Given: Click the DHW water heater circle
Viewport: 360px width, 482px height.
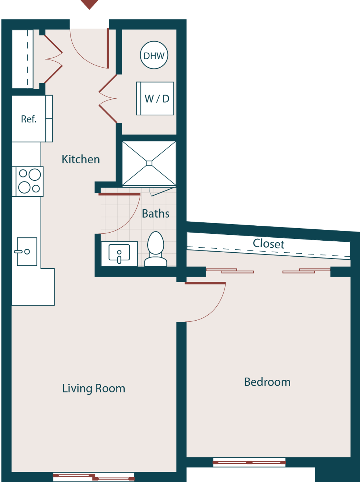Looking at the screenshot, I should tap(154, 55).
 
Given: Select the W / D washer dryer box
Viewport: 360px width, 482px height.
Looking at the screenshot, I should tap(155, 99).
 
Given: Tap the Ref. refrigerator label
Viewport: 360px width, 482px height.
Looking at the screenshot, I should tap(29, 119).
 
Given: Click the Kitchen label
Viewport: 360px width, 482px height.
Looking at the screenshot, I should tap(80, 160).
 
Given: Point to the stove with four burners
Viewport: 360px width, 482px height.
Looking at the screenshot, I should tap(29, 181).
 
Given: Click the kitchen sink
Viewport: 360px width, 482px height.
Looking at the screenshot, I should tap(27, 252).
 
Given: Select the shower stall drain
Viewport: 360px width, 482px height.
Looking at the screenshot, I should tap(149, 163).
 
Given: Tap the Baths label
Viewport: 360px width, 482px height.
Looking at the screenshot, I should tap(155, 214).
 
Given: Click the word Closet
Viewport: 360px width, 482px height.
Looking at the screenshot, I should tap(268, 244).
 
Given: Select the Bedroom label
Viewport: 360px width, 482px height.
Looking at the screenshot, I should tap(267, 382).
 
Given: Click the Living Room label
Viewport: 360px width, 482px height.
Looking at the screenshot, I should tap(94, 388).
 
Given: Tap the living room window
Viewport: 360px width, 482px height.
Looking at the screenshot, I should tap(94, 477).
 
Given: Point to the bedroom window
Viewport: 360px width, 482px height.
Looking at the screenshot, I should tap(249, 462).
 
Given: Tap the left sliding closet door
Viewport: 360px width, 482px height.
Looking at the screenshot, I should tap(230, 271).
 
